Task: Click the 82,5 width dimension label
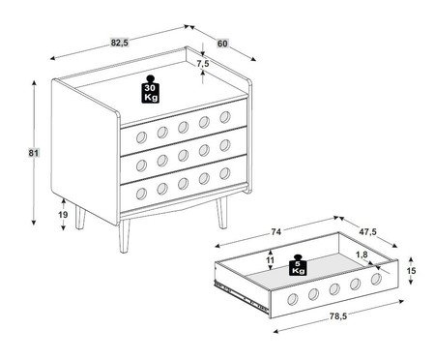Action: coord(120,43)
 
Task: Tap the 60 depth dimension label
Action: coord(222,44)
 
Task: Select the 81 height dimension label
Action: coord(34,153)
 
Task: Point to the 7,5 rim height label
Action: coord(203,64)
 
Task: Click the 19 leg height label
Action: coord(63,214)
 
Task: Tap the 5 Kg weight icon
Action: coord(298,265)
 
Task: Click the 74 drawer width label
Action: coord(276,231)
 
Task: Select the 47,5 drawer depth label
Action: coord(368,231)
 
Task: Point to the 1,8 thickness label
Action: coord(362,255)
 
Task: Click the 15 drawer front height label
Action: coord(411,270)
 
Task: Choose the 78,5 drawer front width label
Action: coord(338,316)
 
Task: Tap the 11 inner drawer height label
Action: coord(271,260)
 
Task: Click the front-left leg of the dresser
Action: coord(124,235)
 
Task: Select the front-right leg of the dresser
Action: coord(221,212)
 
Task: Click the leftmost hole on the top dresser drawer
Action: coord(141,137)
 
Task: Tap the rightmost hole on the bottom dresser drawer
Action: coord(225,173)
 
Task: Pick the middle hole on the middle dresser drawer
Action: coord(183,155)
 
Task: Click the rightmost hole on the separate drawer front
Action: coord(376,279)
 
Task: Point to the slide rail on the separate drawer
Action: coord(241,297)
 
